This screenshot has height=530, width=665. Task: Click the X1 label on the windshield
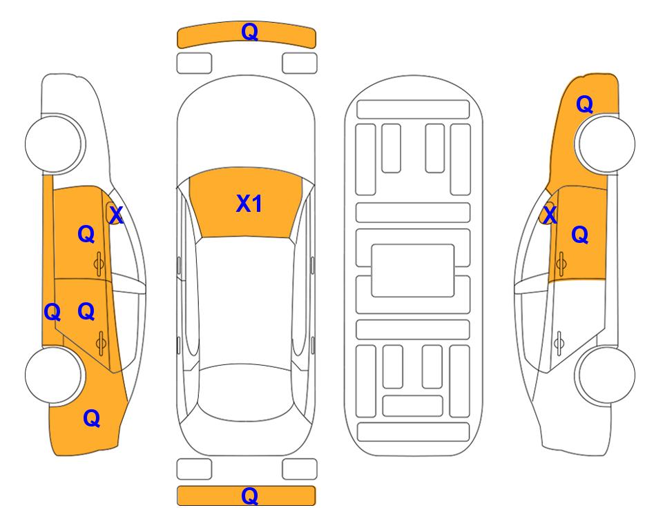249,204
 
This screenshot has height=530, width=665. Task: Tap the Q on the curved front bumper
249,31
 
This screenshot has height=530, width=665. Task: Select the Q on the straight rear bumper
249,495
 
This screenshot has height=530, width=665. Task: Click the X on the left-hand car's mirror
116,215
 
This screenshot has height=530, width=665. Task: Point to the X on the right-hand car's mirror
550,215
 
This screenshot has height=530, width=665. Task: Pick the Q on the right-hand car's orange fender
584,104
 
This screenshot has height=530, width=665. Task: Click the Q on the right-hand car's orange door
580,235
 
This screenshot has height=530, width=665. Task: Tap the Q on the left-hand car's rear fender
92,418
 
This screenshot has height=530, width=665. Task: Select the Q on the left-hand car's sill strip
52,313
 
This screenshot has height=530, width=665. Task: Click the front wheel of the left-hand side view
54,144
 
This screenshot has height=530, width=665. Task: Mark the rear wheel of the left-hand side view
54,375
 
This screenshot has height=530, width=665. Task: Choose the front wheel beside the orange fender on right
606,144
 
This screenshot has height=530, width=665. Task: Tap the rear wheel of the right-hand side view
606,375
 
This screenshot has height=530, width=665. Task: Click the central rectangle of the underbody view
413,271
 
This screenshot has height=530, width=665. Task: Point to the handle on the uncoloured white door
559,344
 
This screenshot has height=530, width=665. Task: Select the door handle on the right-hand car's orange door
561,264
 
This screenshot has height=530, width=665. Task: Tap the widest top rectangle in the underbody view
413,110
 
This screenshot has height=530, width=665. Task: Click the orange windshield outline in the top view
246,203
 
